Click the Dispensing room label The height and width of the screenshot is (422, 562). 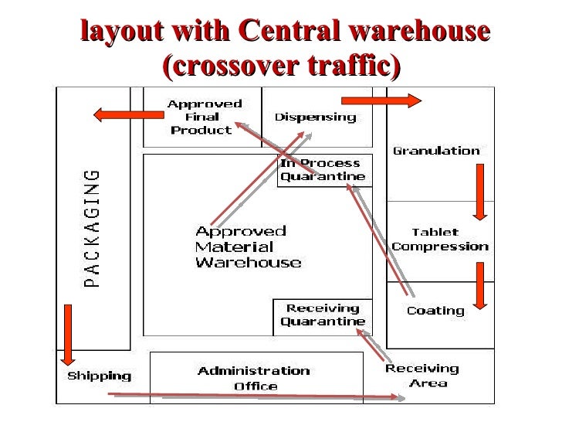coord(315,117)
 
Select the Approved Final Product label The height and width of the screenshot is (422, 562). coord(204,117)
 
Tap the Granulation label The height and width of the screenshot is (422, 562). coord(436,151)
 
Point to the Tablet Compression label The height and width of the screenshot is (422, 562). coord(439,240)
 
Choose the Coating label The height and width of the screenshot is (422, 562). coord(435,311)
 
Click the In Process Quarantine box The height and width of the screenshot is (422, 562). coord(324,170)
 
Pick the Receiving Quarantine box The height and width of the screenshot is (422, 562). coord(323,315)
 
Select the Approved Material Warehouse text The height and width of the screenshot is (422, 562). coord(247,247)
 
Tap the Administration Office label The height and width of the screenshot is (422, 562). coord(254,378)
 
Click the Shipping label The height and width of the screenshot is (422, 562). coord(99,376)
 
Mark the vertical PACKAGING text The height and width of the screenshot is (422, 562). coord(92,227)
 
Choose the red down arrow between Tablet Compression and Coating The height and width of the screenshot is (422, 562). coord(479,285)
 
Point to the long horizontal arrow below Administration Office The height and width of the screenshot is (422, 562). coord(255,396)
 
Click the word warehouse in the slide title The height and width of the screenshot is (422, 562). coord(419,32)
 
